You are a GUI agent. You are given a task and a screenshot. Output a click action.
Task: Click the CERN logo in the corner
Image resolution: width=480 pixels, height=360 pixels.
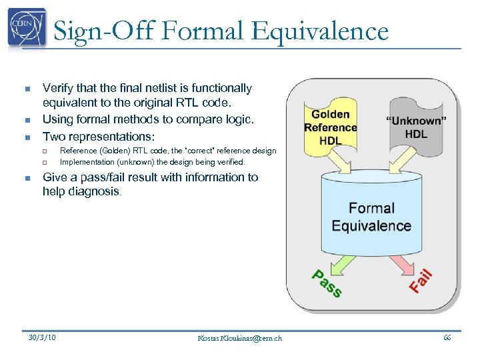point(27,28)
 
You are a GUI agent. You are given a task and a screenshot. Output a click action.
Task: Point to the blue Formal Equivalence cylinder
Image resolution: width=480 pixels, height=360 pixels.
point(371,213)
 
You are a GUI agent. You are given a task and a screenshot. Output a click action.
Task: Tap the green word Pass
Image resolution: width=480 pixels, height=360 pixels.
point(327,283)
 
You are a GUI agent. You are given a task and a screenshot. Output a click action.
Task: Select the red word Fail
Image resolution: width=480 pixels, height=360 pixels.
point(421,280)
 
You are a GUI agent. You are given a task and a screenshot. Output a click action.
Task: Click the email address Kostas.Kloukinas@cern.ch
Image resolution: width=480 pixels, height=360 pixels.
point(240,338)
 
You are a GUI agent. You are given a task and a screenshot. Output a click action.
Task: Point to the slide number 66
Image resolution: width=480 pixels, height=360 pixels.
point(447,337)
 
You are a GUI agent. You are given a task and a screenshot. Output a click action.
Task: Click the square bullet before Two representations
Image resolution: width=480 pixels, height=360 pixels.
point(27,137)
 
